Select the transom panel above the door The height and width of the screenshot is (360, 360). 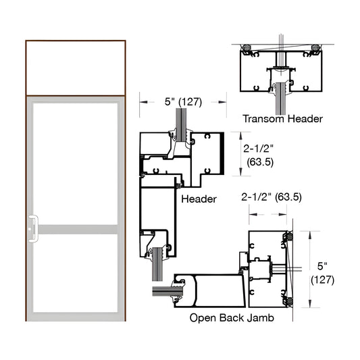click(x=76, y=68)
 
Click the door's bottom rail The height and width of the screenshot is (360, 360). click(x=76, y=316)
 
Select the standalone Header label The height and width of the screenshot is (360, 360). click(x=199, y=199)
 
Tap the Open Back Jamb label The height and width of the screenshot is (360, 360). click(x=232, y=317)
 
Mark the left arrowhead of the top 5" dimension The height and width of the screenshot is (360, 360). click(x=142, y=101)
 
